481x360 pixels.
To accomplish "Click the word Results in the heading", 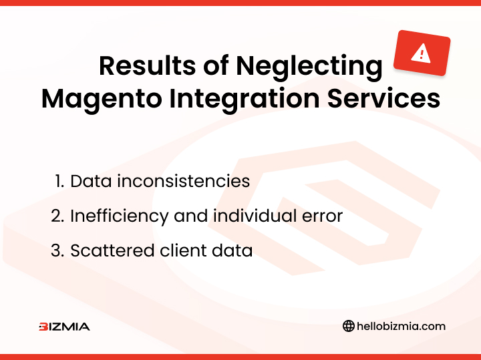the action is click(147, 65).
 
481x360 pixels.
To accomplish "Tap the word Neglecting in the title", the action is click(309, 67).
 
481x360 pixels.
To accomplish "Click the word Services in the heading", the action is click(383, 99).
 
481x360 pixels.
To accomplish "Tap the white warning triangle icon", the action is click(421, 53).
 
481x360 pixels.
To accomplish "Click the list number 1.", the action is click(59, 181).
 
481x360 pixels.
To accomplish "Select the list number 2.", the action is click(57, 216).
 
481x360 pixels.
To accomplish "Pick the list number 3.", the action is click(57, 250).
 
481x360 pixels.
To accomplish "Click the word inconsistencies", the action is click(184, 181).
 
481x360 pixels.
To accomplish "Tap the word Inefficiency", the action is click(120, 216).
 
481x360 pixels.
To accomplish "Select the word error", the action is click(322, 217).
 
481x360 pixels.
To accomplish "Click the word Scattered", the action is click(112, 250).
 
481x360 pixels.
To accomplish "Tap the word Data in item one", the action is click(91, 181).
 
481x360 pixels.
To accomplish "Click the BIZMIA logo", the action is click(64, 327).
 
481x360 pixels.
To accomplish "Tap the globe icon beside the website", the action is click(349, 326).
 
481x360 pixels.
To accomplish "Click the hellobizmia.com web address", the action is click(402, 326).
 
